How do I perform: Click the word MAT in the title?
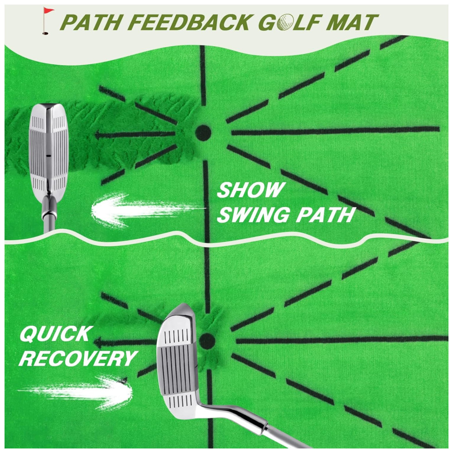(x=352, y=22)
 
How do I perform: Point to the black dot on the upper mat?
(x=203, y=133)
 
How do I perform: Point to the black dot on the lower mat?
(x=207, y=341)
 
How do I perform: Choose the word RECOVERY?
(x=77, y=359)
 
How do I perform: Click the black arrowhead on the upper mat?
(x=98, y=135)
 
